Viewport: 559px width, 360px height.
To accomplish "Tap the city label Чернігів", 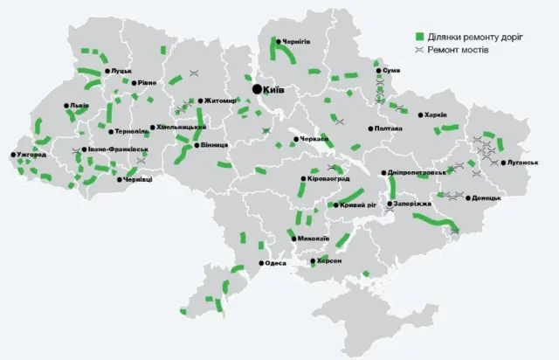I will coord(295,41).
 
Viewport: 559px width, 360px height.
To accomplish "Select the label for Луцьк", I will coord(120,71).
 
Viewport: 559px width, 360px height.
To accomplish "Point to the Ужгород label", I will coord(34,156).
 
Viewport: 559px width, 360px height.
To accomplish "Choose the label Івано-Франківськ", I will coord(116,149).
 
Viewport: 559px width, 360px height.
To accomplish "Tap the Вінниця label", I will coord(212,145).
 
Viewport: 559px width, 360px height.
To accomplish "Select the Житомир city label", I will coord(220,100).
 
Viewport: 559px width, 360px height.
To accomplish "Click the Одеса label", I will coord(275,263).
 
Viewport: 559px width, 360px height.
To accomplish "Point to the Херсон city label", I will coord(327,261).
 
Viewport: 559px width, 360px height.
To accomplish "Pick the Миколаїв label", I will coord(312,238).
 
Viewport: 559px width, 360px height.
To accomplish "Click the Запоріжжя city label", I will coord(412,203).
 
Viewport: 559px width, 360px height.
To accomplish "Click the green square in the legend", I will coord(418,37).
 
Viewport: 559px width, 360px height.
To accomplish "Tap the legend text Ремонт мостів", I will coord(459,50).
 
